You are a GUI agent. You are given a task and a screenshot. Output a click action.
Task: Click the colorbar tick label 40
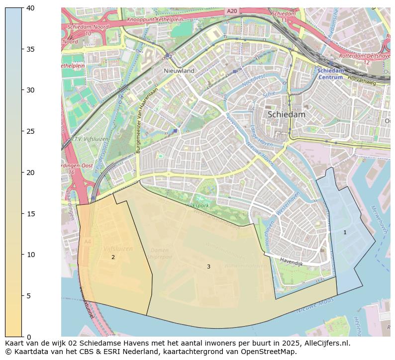(x=30, y=8)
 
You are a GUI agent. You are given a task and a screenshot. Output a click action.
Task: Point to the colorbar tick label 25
(x=30, y=131)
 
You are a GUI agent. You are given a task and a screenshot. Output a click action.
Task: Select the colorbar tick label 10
(x=30, y=255)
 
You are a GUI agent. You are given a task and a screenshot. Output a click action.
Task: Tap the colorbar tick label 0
(x=28, y=337)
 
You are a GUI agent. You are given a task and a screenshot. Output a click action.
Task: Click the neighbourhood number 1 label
(x=345, y=232)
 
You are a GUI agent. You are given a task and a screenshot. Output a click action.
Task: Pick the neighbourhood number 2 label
(x=113, y=257)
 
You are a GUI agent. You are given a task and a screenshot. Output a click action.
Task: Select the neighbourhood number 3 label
(x=208, y=267)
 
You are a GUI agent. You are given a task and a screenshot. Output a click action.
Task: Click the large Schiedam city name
(x=286, y=114)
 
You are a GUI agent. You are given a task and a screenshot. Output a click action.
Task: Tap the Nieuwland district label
(x=179, y=71)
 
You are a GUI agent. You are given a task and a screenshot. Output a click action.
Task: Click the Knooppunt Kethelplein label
(x=155, y=20)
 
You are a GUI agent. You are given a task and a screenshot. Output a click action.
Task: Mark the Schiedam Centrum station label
(x=330, y=74)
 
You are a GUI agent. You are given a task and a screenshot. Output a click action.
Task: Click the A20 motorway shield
(x=231, y=11)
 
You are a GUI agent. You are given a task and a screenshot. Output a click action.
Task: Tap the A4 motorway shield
(x=88, y=242)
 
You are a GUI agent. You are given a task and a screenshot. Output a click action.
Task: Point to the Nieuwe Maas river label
(x=315, y=304)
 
